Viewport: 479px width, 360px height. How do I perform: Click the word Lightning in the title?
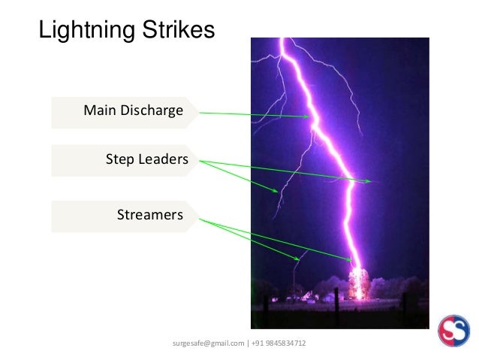[83, 31]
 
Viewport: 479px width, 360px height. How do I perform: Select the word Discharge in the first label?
[150, 111]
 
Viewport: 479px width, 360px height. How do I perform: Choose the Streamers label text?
[150, 216]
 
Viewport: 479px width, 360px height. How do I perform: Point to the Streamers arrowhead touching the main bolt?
[350, 260]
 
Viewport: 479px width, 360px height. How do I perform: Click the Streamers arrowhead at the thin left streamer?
[299, 259]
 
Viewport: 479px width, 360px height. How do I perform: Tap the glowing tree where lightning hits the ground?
[359, 283]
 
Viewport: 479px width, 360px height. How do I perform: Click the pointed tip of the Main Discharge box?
[200, 112]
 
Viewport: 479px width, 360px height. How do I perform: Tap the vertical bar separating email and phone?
[249, 343]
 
